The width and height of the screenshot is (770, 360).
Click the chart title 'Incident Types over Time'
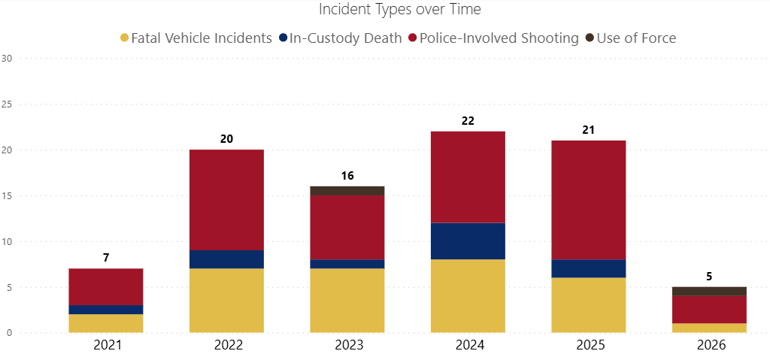coord(399,10)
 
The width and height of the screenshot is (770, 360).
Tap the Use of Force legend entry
coord(636,38)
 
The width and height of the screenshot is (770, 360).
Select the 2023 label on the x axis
coord(347,346)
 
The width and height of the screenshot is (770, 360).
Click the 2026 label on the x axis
coord(709,346)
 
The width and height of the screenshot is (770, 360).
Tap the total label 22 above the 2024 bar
coord(468,121)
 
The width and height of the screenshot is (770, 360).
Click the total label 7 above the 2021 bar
coord(106,258)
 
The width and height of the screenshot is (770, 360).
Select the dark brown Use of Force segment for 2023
coord(347,191)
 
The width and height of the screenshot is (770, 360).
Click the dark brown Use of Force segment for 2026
coord(709,292)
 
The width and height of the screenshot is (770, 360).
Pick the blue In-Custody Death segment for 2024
coord(468,241)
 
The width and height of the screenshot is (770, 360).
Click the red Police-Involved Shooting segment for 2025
coord(588,200)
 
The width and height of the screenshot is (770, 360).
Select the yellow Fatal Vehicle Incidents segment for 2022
coord(226,301)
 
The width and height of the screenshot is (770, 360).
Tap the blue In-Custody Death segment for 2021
coord(106,310)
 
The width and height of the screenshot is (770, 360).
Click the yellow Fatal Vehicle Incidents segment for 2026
coord(709,328)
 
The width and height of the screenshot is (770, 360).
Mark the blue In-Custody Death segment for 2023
coord(347,264)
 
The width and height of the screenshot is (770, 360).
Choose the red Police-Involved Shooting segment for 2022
coord(226,200)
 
